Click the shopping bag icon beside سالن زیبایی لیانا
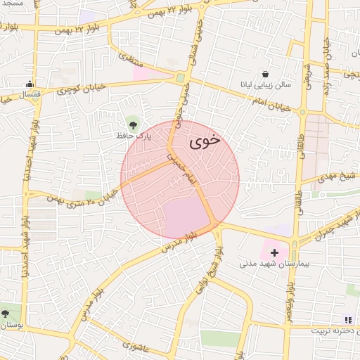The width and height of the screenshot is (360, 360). [265, 73]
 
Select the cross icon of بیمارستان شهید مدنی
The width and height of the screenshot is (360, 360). [274, 252]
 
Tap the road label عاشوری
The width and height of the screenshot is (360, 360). [137, 345]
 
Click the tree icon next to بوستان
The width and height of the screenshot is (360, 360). [6, 314]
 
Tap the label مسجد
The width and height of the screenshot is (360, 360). [12, 4]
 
